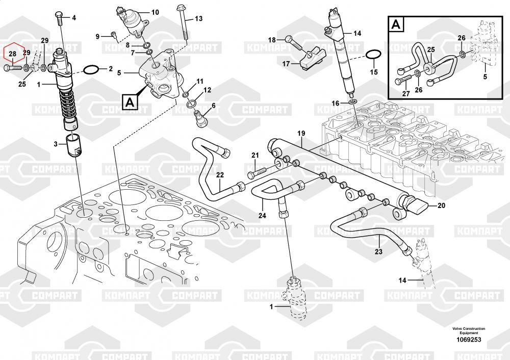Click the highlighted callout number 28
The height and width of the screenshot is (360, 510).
[x=12, y=53]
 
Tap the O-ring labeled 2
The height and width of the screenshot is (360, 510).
[x=90, y=69]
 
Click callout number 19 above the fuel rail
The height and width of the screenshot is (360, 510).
[x=301, y=134]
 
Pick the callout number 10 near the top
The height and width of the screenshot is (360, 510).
[x=155, y=12]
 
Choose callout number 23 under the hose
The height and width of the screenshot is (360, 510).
[x=378, y=251]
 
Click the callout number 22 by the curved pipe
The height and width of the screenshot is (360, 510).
[x=219, y=175]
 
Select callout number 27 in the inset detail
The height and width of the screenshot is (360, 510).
[x=405, y=93]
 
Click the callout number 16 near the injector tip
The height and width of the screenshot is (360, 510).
[x=335, y=104]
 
